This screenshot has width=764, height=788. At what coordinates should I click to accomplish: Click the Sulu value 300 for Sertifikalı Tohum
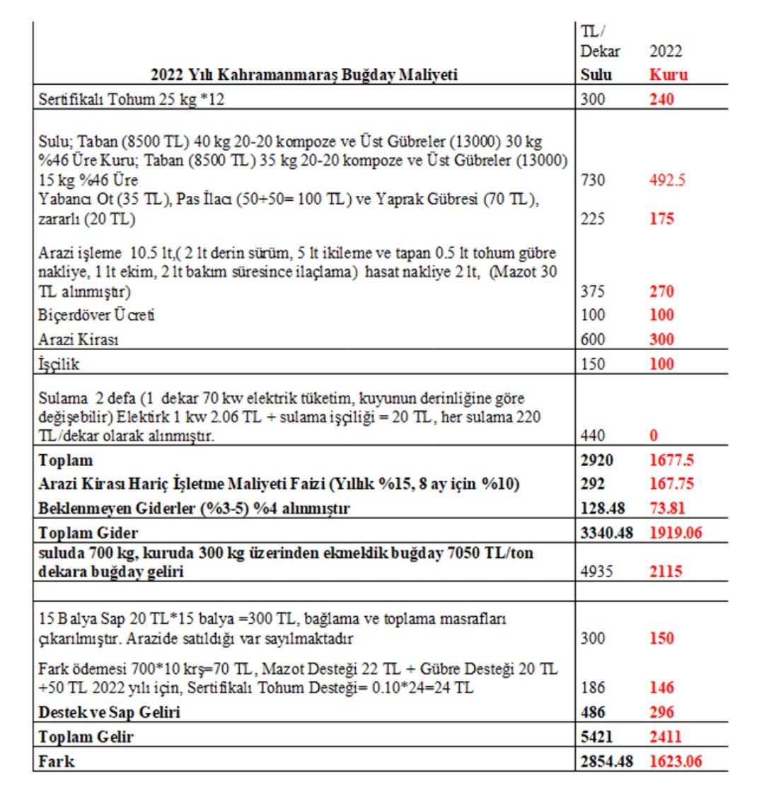[592, 98]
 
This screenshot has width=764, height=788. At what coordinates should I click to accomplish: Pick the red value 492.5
[668, 180]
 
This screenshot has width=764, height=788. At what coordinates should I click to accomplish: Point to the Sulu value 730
[592, 180]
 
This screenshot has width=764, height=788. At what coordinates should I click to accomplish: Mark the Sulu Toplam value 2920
[595, 460]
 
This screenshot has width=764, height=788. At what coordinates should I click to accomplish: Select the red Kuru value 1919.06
[675, 533]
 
